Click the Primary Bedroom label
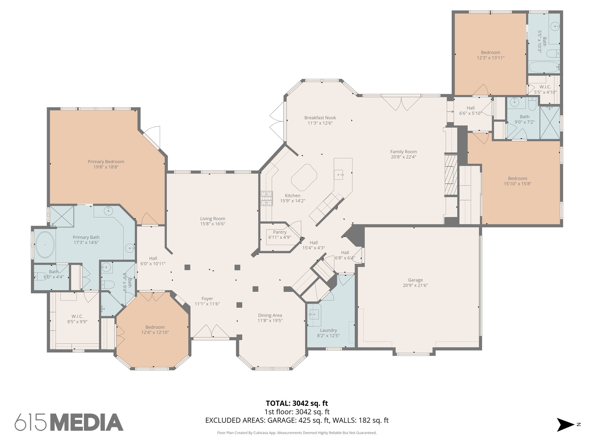106,162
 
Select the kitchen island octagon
304,177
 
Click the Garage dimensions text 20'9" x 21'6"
415,285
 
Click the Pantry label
280,232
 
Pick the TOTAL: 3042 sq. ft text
297,403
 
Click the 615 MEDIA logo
69,422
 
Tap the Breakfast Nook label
320,118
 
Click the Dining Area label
270,315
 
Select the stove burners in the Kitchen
267,198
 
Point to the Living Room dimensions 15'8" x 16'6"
213,224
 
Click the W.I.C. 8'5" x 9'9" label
77,319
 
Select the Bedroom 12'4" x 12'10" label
155,330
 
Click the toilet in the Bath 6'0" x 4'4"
40,276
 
